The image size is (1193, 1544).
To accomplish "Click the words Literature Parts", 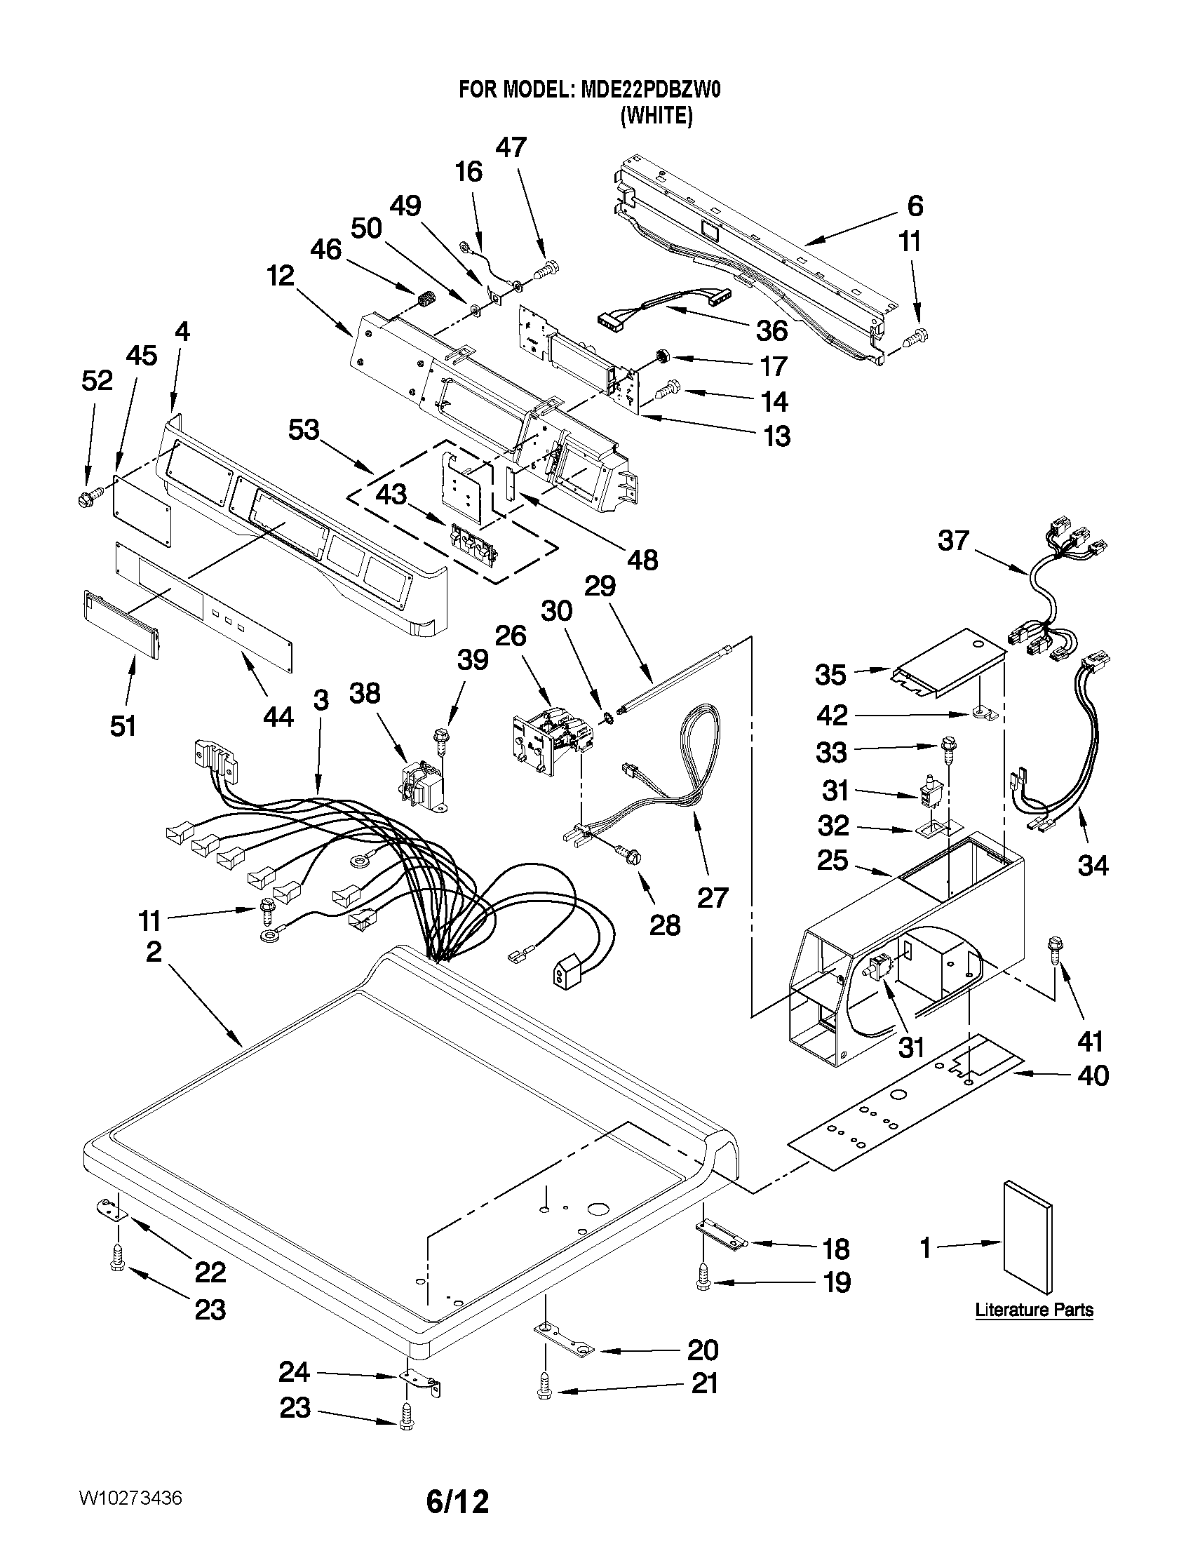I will coord(1033,1309).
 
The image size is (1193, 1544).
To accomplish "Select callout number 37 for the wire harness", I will coord(952,542).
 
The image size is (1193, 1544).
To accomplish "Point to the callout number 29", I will coord(600,586).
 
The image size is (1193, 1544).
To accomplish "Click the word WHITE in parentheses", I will coord(656,115).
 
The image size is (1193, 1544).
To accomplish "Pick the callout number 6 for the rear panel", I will coord(915,206).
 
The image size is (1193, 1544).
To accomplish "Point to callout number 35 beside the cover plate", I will coord(830,675).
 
